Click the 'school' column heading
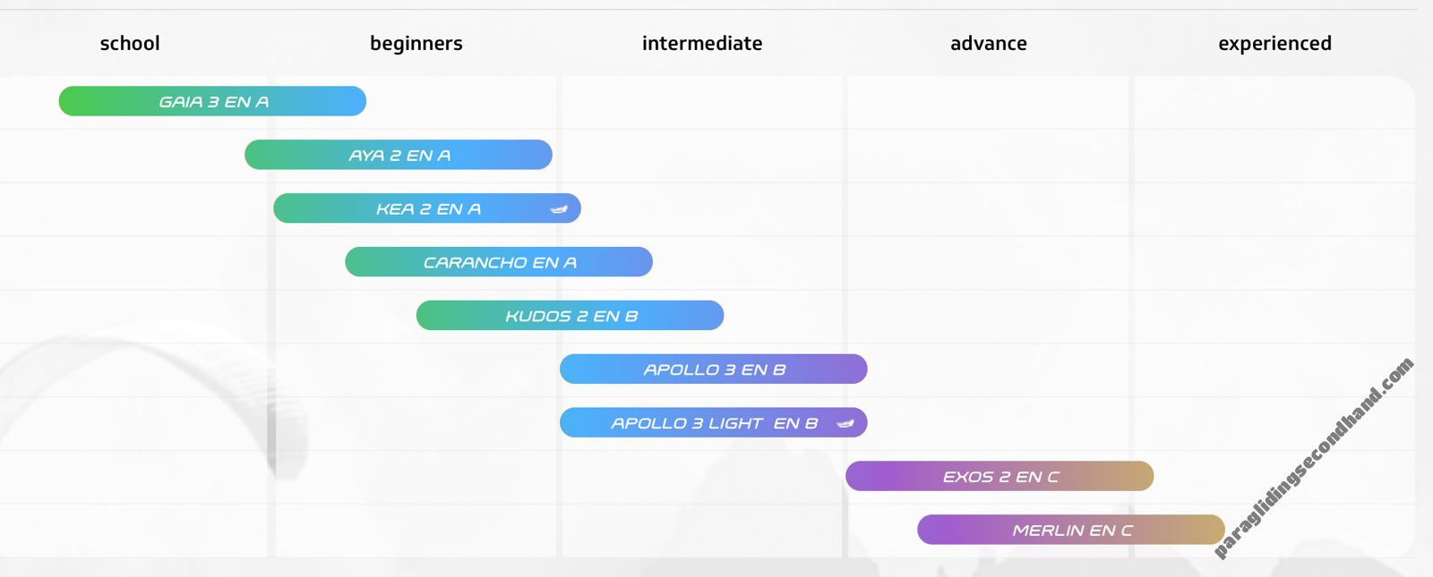tap(130, 44)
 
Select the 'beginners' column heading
tap(416, 44)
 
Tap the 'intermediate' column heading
tap(702, 44)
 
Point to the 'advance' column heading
tap(989, 44)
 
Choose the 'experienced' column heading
tap(1275, 44)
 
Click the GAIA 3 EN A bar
tap(212, 101)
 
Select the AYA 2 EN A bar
tap(399, 155)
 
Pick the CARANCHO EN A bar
tap(499, 262)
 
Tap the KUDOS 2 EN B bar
tap(570, 316)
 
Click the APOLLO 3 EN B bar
tap(713, 369)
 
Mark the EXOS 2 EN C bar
tap(1000, 476)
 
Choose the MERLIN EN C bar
tap(1071, 530)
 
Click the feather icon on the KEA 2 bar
tap(559, 209)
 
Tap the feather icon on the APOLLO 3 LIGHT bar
tap(845, 423)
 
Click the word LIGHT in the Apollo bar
tap(735, 423)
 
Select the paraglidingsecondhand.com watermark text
tap(1314, 457)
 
